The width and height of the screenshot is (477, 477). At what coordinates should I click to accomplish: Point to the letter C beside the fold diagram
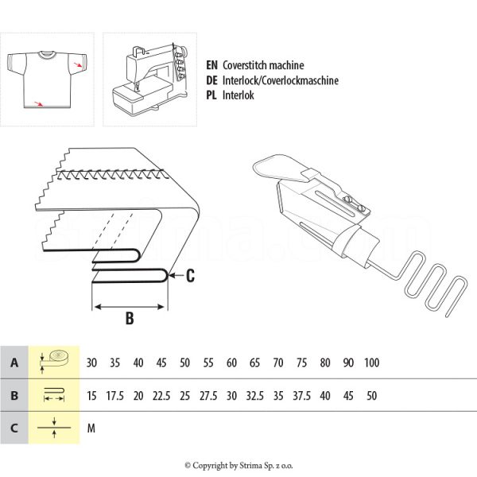[190, 276]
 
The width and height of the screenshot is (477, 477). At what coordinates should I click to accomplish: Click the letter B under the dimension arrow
[128, 320]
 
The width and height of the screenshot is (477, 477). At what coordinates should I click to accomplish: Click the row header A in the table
[14, 363]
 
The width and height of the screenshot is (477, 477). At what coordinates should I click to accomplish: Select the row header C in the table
[14, 428]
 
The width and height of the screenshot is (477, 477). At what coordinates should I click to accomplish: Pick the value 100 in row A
[370, 363]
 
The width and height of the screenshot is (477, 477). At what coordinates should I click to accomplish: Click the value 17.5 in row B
[115, 395]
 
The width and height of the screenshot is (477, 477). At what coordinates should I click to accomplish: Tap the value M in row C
[91, 428]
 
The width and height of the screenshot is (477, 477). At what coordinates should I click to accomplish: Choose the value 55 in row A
[208, 363]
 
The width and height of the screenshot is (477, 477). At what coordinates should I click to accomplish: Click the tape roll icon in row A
[55, 362]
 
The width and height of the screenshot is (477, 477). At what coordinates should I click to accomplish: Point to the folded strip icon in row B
[55, 395]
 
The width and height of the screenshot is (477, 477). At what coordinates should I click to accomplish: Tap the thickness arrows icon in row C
[55, 428]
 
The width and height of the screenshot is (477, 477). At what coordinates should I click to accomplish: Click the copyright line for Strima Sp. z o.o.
[238, 465]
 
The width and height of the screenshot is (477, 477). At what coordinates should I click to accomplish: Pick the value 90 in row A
[347, 363]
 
